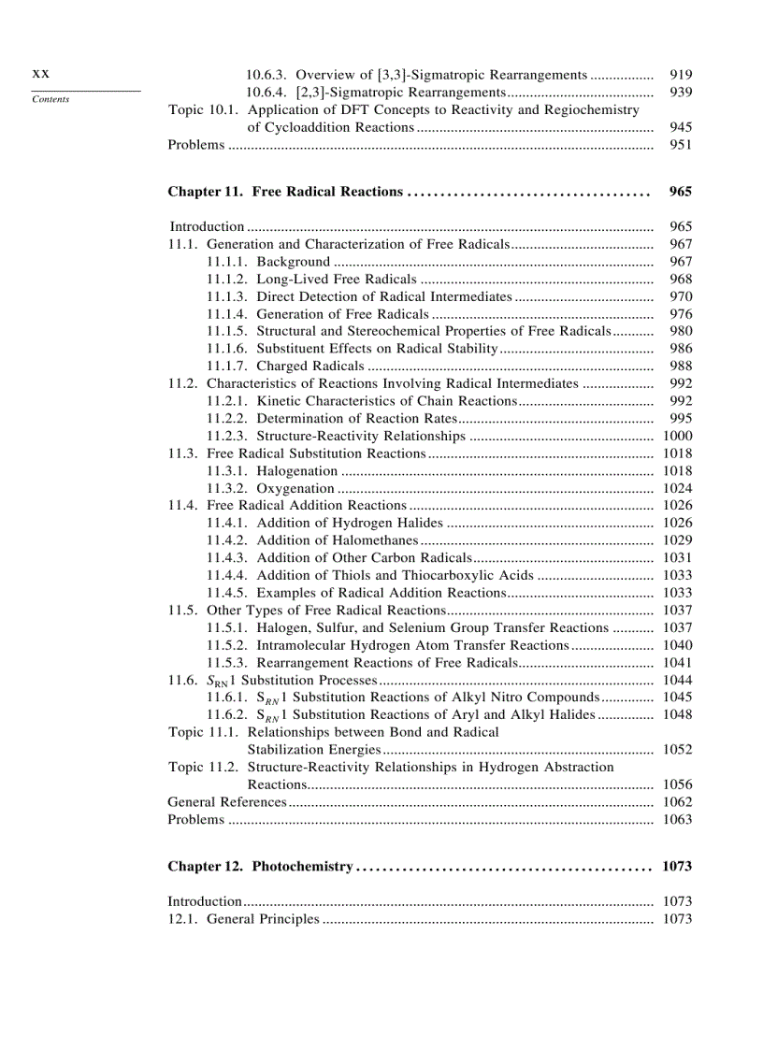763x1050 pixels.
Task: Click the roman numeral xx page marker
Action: tap(40, 74)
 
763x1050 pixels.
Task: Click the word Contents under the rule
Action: tap(50, 99)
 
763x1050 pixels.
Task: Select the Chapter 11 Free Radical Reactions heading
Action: tap(285, 192)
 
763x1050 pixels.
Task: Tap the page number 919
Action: tap(681, 75)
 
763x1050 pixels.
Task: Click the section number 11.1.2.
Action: tap(227, 280)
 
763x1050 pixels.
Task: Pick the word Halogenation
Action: tap(296, 471)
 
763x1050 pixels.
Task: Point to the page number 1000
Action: tap(677, 437)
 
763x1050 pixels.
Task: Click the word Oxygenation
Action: tap(295, 488)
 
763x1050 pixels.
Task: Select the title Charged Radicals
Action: tap(310, 367)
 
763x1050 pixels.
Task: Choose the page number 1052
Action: tap(677, 750)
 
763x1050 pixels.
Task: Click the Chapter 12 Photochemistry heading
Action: tap(260, 867)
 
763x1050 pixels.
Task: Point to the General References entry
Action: tap(226, 802)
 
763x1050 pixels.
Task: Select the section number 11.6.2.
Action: tap(227, 714)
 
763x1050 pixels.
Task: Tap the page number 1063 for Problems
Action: tap(677, 820)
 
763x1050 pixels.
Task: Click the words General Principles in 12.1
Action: tap(263, 919)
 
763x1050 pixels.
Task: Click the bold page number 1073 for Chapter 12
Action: tap(676, 867)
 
